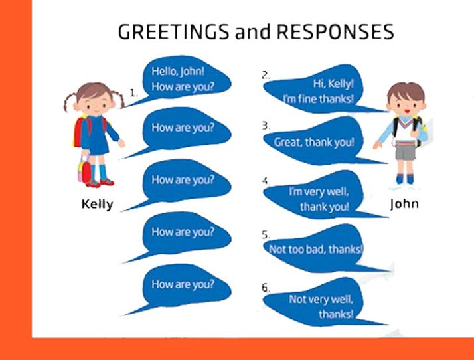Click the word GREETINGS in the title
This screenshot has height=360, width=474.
[173, 31]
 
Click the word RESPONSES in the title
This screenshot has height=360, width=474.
[335, 31]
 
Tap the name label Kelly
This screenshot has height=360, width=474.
[97, 204]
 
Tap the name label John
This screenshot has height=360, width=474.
[404, 204]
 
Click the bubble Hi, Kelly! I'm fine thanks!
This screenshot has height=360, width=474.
[317, 90]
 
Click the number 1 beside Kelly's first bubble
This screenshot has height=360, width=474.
[133, 92]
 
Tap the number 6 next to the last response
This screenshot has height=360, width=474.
[266, 288]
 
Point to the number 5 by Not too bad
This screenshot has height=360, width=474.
[266, 234]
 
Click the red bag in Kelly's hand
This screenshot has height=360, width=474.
[86, 171]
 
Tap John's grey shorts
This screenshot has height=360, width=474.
[406, 152]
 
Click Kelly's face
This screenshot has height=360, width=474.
[95, 104]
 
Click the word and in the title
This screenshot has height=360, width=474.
[253, 32]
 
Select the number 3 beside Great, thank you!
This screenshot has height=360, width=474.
[266, 126]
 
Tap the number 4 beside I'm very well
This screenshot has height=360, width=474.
[266, 181]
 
